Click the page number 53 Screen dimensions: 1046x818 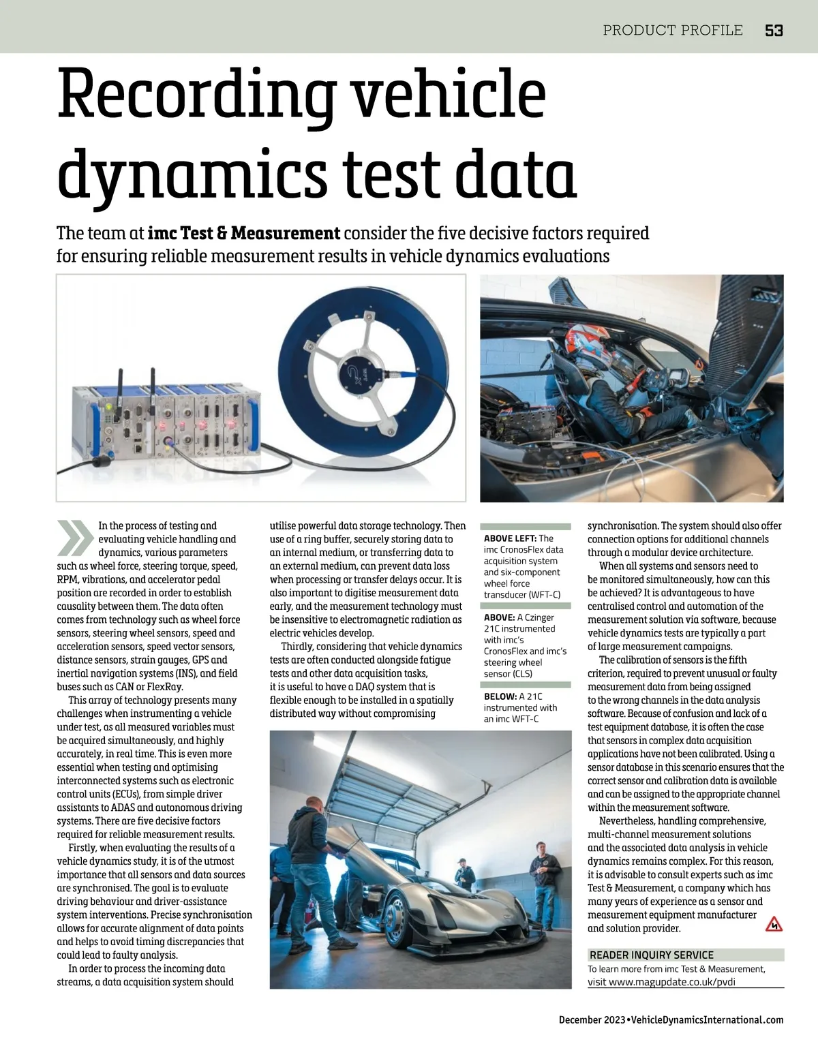point(774,31)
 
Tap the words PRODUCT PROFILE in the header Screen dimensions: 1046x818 point(673,31)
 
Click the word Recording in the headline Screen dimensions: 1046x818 point(197,95)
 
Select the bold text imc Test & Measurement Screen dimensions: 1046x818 point(244,234)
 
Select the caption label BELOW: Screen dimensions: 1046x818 point(500,696)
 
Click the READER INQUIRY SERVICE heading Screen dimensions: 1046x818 point(651,955)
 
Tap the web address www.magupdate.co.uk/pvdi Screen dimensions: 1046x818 point(671,982)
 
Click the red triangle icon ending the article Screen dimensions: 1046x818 point(774,925)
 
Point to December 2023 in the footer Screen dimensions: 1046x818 point(591,1020)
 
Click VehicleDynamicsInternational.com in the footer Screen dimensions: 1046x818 point(707,1020)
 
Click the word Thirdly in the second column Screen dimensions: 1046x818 point(298,646)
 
